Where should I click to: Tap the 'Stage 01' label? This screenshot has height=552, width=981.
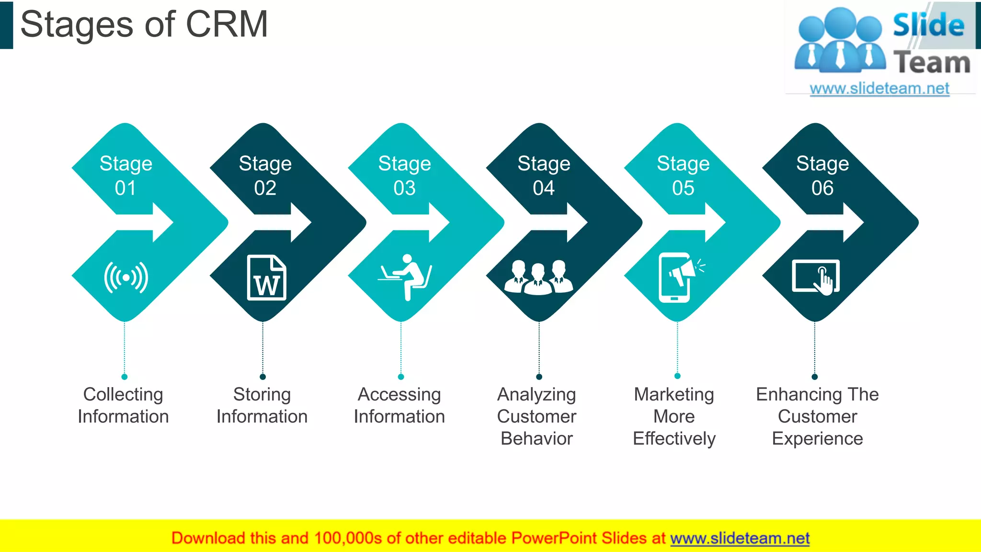[x=125, y=175]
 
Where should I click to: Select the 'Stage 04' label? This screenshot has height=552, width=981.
[x=544, y=175]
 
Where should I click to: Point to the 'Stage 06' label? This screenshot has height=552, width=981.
[x=822, y=175]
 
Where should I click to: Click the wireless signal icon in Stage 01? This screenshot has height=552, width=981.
[x=126, y=277]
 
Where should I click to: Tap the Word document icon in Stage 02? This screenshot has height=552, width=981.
[x=266, y=278]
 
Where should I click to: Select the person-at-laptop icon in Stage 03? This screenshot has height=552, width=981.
[x=405, y=277]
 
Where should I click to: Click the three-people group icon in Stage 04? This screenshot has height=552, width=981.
[x=538, y=277]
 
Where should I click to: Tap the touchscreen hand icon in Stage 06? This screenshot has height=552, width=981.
[x=816, y=277]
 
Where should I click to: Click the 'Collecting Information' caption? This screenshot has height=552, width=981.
[x=123, y=405]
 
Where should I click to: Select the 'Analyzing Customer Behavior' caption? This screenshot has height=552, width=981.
[x=536, y=416]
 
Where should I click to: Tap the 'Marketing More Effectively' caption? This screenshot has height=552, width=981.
[x=674, y=416]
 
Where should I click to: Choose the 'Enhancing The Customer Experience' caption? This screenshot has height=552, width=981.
[x=817, y=416]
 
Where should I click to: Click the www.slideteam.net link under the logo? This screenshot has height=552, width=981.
[x=879, y=89]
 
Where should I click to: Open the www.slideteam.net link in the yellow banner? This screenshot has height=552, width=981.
[x=740, y=538]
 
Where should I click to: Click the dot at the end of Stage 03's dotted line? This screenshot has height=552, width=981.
[x=401, y=377]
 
